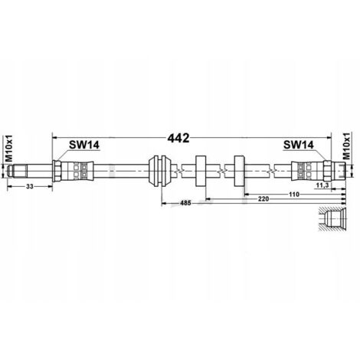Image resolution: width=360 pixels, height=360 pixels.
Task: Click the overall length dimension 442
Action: point(178,138)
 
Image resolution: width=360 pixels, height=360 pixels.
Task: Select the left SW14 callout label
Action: point(84,145)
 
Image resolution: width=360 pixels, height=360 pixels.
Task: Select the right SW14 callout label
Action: point(298,145)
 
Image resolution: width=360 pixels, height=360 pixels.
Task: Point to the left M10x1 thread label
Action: point(9,149)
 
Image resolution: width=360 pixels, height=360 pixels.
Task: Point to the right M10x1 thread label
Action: point(346,146)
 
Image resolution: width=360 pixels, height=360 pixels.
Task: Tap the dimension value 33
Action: point(30,187)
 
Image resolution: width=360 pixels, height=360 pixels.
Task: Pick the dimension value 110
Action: point(294,195)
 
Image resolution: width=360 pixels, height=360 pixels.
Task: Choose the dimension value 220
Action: point(263,198)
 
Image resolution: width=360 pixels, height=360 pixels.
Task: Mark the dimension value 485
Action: point(185,203)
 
